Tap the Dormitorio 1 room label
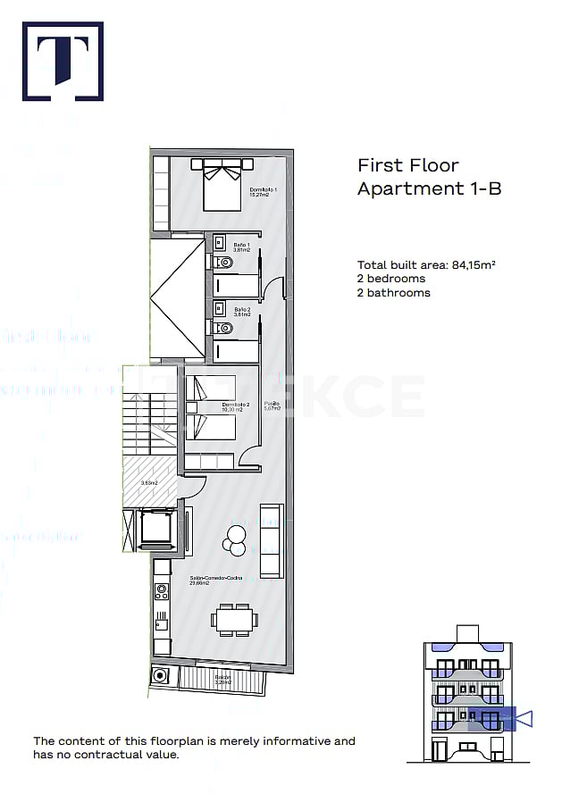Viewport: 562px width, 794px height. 264,192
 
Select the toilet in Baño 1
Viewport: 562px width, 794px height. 223,263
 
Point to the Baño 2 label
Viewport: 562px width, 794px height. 241,312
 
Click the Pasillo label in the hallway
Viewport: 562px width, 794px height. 272,406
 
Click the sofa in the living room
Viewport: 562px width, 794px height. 270,539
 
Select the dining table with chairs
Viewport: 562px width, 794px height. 234,618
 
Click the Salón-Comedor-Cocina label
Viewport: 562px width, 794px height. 215,581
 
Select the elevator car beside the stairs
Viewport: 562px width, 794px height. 155,528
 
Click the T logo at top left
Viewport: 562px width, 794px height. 63,62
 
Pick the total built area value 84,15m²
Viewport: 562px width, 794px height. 474,264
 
